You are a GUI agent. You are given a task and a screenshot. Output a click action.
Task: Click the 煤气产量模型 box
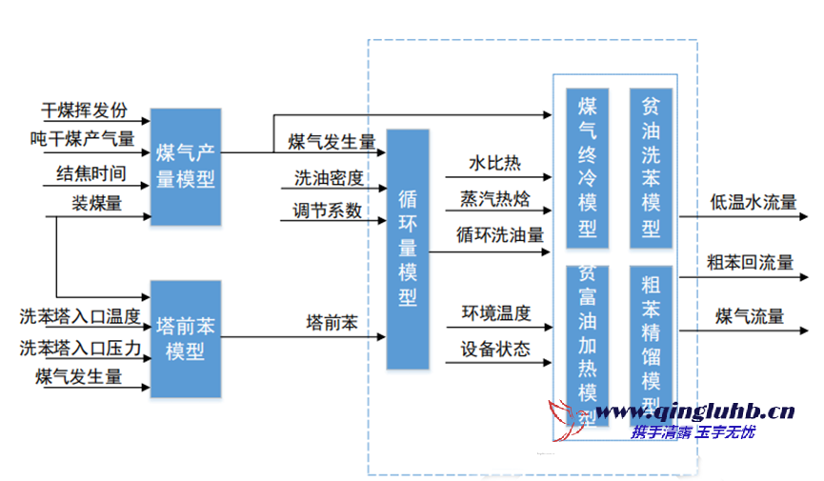click(186, 167)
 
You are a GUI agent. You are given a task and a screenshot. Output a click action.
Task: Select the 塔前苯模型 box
click(186, 338)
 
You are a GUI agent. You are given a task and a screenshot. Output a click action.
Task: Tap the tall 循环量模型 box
click(408, 248)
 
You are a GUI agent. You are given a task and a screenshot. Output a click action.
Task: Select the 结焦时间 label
click(90, 173)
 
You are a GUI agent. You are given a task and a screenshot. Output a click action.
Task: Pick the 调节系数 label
click(329, 210)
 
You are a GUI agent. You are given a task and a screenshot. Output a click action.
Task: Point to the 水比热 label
click(494, 164)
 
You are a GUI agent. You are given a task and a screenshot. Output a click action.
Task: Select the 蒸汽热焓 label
click(495, 198)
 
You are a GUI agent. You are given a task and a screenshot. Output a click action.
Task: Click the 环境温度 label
click(496, 312)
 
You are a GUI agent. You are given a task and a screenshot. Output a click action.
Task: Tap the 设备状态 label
click(495, 348)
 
